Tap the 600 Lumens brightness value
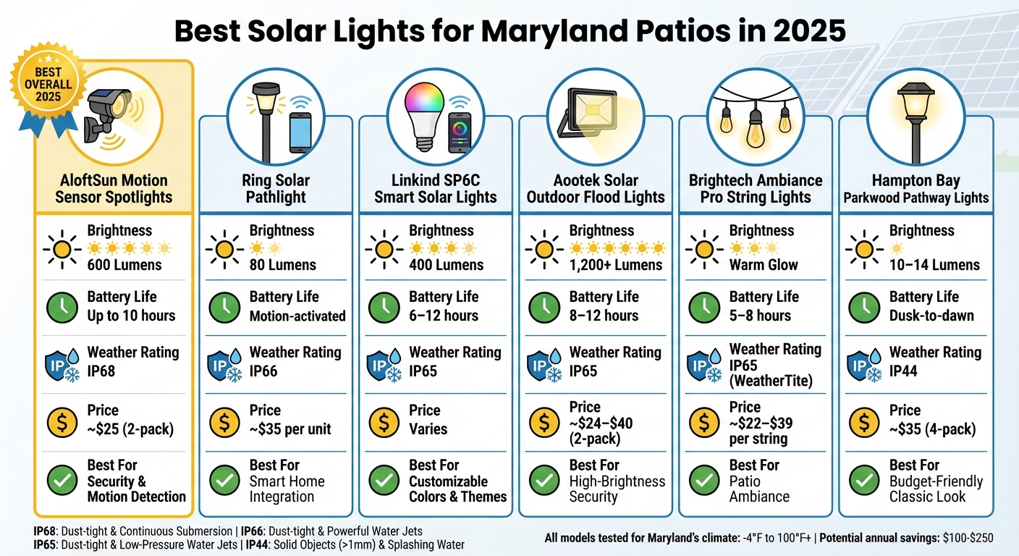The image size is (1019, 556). (x=124, y=265)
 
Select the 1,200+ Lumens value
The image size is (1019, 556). (x=615, y=265)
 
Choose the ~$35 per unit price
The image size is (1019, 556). (x=289, y=429)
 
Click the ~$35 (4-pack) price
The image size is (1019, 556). (x=932, y=429)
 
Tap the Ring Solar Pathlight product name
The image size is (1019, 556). (x=276, y=188)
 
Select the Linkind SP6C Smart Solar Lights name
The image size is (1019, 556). (x=435, y=188)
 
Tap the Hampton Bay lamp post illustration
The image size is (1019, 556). (x=916, y=116)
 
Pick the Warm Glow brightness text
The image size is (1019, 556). (x=763, y=265)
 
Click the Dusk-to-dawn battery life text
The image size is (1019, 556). (x=931, y=316)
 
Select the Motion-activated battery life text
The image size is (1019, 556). (x=297, y=316)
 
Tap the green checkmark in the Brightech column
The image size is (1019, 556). (x=703, y=479)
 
